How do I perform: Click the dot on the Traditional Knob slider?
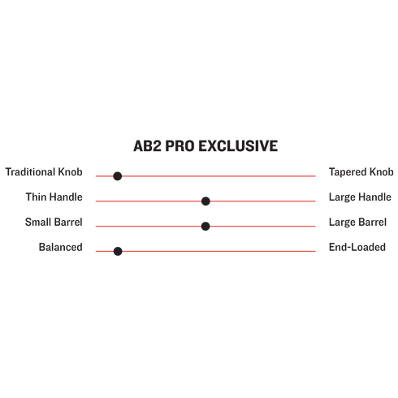(118, 176)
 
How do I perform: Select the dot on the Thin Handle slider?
(205, 201)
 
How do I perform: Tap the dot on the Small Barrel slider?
(205, 226)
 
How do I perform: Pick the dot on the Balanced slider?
(118, 251)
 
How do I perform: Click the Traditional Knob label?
(44, 172)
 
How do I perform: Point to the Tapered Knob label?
(361, 172)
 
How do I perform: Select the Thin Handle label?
(54, 197)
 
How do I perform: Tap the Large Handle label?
(360, 197)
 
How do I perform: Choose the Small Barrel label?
(54, 222)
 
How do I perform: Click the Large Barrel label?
(357, 223)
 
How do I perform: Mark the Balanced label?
(61, 247)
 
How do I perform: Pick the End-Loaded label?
(357, 247)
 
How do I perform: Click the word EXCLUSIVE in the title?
(238, 146)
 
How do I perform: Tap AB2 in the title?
(147, 146)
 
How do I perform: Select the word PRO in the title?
(180, 146)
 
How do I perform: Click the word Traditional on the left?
(30, 172)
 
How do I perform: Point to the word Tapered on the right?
(348, 172)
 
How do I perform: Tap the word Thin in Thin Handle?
(36, 197)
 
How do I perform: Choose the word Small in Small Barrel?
(38, 222)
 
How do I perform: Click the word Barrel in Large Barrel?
(372, 222)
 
